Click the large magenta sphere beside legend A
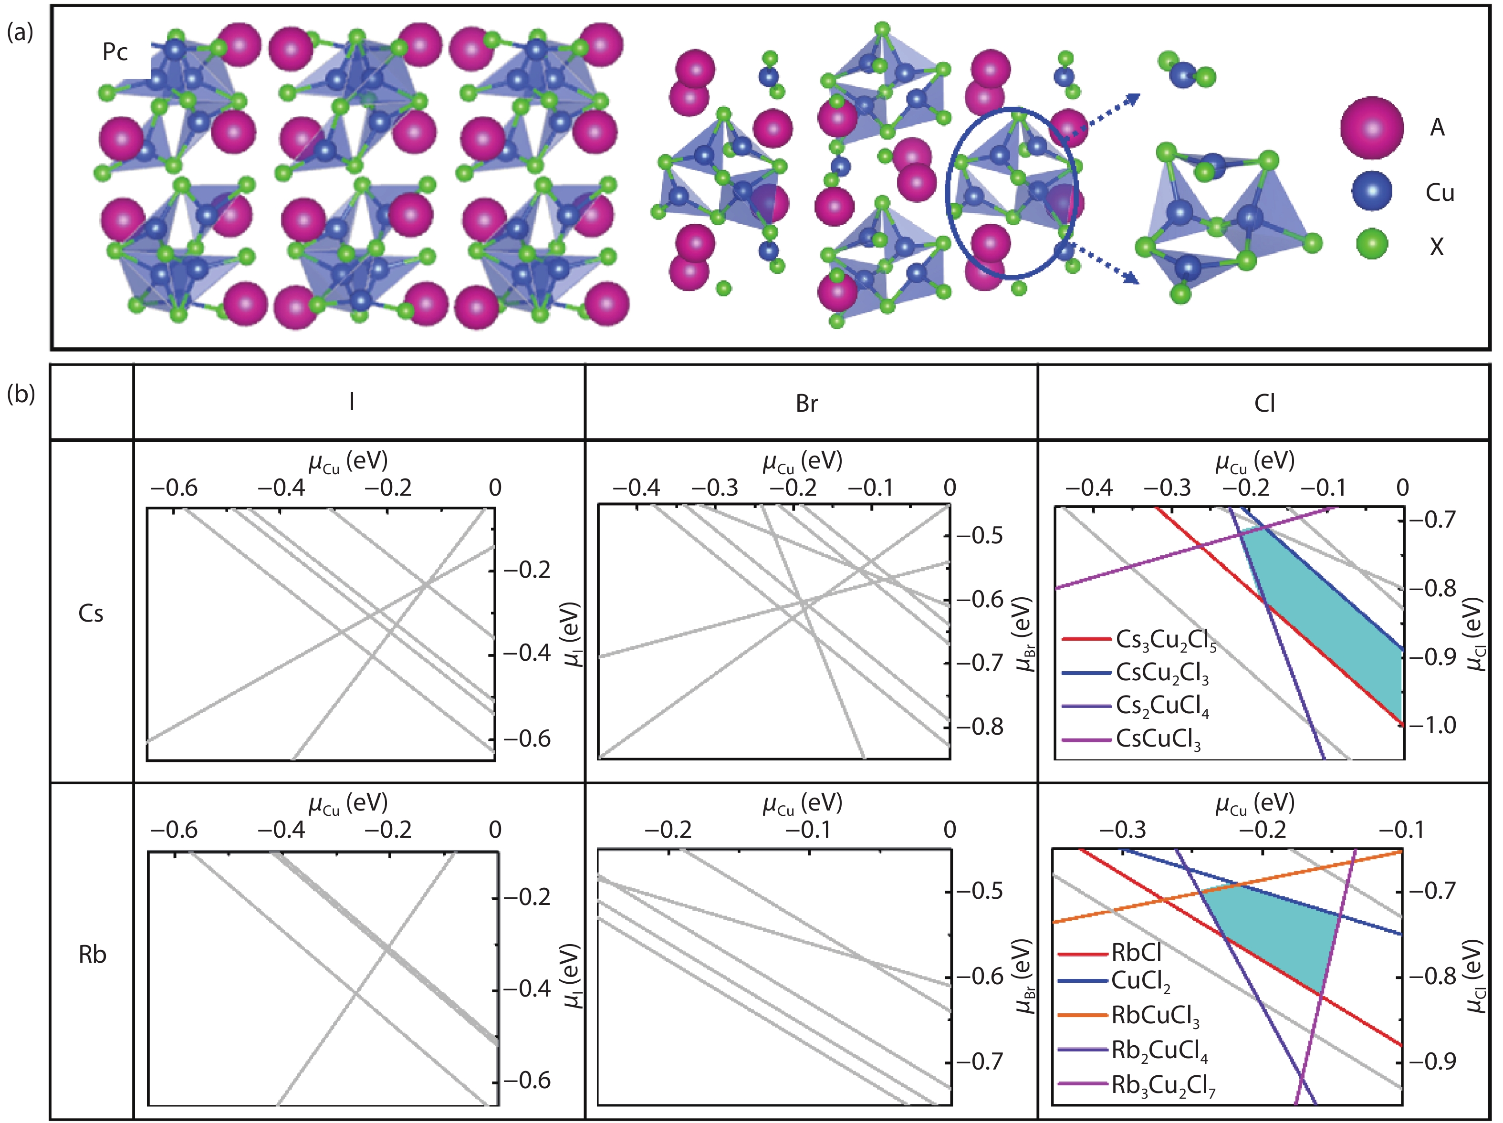(x=1371, y=128)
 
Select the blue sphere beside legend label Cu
(x=1371, y=192)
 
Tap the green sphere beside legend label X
(x=1371, y=245)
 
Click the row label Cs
(x=91, y=614)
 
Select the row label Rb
(x=93, y=955)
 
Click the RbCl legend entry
(x=1136, y=953)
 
